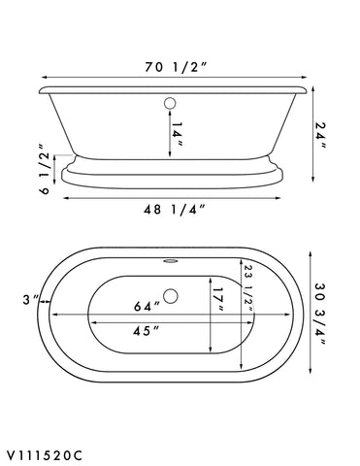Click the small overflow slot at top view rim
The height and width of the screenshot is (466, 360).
[171, 259]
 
